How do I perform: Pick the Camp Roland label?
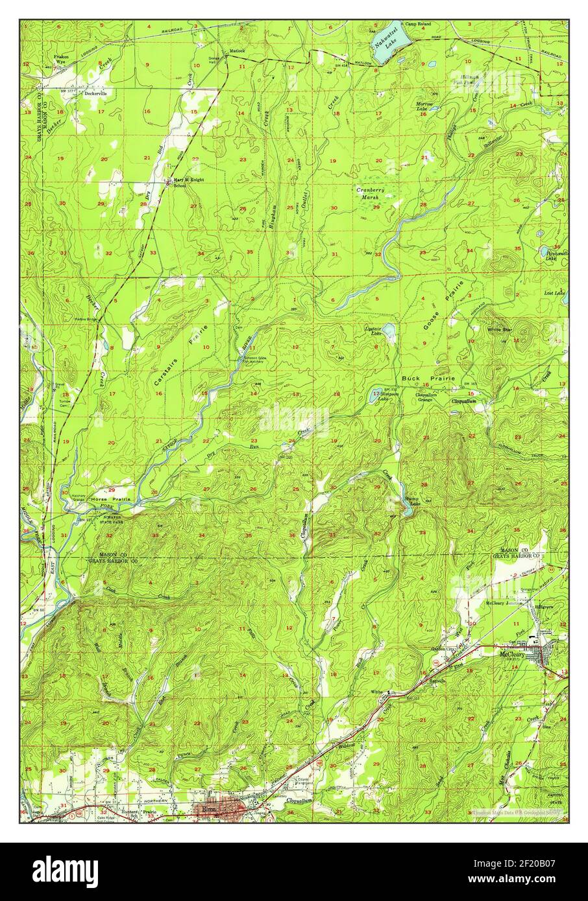(x=434, y=23)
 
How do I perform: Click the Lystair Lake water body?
(x=389, y=333)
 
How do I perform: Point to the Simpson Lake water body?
(x=376, y=393)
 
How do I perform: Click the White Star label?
(x=500, y=330)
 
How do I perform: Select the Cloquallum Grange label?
(x=425, y=397)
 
